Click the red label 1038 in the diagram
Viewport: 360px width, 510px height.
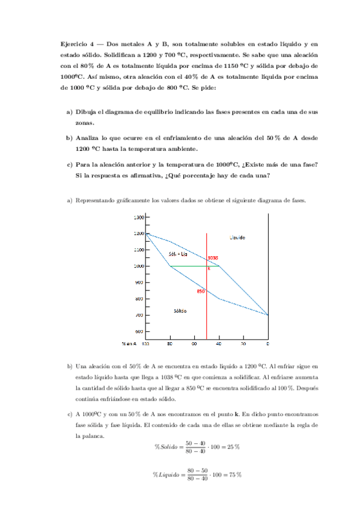click(213, 258)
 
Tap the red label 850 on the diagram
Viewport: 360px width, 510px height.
click(201, 292)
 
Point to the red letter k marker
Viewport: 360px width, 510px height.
click(209, 268)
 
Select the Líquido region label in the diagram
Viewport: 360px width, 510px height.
click(237, 238)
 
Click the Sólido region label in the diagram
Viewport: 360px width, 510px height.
click(179, 311)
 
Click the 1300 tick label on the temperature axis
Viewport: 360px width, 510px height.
click(138, 217)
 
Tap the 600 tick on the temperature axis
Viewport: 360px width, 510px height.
click(139, 331)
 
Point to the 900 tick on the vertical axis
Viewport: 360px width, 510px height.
click(139, 282)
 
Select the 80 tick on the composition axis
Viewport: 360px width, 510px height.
click(170, 344)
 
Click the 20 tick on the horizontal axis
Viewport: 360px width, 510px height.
click(243, 344)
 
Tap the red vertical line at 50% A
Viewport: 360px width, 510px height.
click(207, 319)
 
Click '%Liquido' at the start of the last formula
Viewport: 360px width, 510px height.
click(166, 475)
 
